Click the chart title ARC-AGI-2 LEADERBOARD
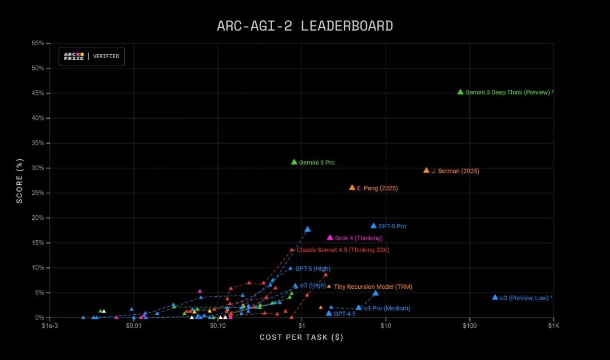[x=305, y=26]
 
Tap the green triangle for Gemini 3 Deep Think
[x=460, y=92]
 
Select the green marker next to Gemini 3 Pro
[x=294, y=162]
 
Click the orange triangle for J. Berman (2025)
[x=426, y=170]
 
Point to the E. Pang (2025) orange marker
[x=352, y=188]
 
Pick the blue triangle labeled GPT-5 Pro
[x=373, y=225]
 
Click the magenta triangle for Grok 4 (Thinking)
[x=330, y=238]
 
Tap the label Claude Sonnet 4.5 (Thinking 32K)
[x=343, y=250]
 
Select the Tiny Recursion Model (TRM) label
[x=373, y=287]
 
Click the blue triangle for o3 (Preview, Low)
[x=495, y=297]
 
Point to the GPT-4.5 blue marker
[x=329, y=313]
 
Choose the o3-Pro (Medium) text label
[x=387, y=309]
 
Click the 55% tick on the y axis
[x=37, y=43]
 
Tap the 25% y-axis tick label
[x=37, y=193]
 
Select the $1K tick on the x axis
[x=554, y=326]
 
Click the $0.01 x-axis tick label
[x=133, y=326]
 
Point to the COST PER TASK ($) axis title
[x=302, y=337]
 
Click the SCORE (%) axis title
[x=20, y=180]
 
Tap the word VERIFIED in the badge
[x=106, y=57]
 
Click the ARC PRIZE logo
[x=73, y=57]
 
